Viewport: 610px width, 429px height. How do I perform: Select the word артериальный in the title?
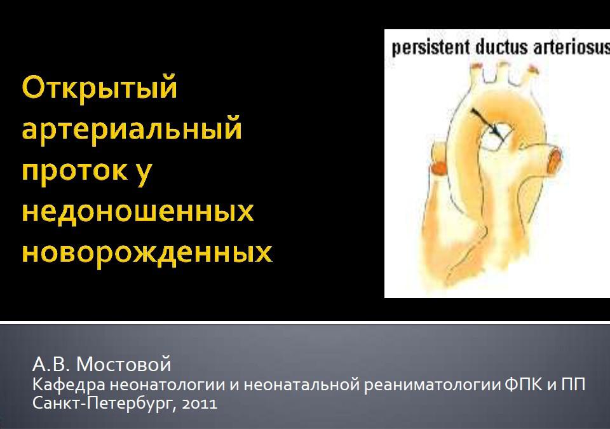(x=132, y=130)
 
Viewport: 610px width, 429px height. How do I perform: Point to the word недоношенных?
(x=138, y=212)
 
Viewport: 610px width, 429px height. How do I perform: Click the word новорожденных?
(x=147, y=253)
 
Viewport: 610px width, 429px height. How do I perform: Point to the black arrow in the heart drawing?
(x=486, y=123)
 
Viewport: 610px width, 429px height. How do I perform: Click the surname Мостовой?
(x=124, y=364)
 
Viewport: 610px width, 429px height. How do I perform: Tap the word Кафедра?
(x=69, y=385)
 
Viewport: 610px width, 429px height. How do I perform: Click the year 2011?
(x=200, y=404)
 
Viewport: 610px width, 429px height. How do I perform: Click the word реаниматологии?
(x=432, y=385)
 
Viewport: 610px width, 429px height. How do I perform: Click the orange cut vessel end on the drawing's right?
(x=554, y=160)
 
